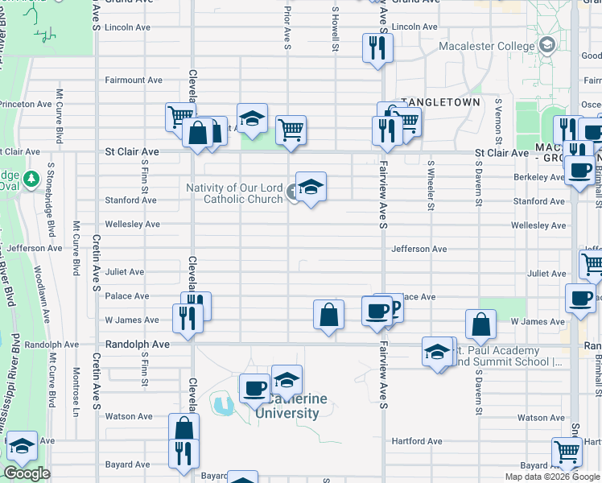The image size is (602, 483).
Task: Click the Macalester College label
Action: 486,46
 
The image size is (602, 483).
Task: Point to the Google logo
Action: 27,473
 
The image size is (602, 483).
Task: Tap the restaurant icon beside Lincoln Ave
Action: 377,48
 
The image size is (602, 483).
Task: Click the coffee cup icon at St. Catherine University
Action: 255,387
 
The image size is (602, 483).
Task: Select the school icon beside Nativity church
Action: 311,187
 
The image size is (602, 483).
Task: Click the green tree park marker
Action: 32,178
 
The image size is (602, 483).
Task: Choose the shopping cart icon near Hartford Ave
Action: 567,452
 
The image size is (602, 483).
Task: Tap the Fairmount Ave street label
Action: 134,80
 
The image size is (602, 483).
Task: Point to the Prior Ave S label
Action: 287,24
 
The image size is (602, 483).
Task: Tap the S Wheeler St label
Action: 431,191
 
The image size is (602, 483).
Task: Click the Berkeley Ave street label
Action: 539,177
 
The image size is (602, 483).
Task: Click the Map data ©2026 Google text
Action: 552,477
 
